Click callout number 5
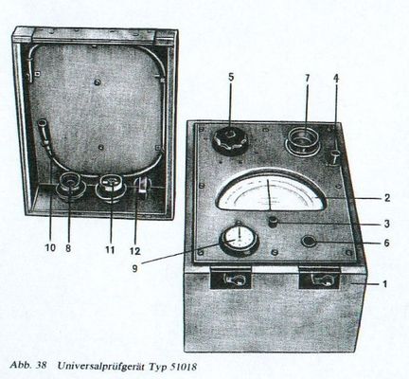click(x=231, y=78)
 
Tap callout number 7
click(x=308, y=78)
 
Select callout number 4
click(x=336, y=79)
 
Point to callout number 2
click(x=387, y=198)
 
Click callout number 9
click(x=135, y=268)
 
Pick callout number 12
click(x=134, y=251)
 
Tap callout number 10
click(x=50, y=248)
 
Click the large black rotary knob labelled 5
click(x=230, y=141)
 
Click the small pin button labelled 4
click(x=336, y=157)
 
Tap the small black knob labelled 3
click(x=273, y=221)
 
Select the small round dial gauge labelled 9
click(x=240, y=242)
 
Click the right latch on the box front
click(x=319, y=278)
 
